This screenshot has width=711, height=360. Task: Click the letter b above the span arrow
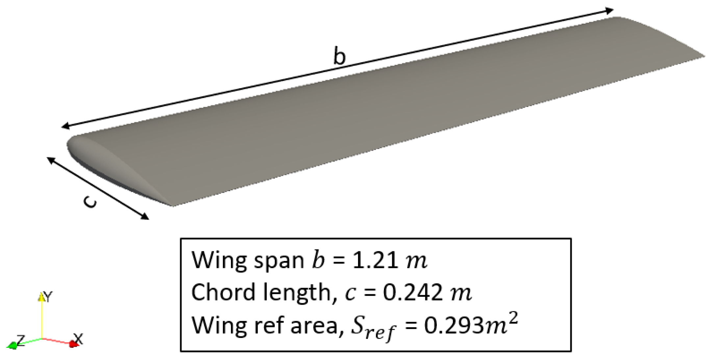[x=340, y=56]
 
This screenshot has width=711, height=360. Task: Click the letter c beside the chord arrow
[x=90, y=201]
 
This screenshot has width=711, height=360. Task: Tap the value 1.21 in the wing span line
[x=374, y=261]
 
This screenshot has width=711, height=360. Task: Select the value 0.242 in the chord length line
[x=413, y=292]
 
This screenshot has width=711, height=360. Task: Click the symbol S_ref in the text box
[x=372, y=328]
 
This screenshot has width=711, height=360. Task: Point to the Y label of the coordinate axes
[x=48, y=297]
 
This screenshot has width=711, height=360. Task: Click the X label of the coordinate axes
[x=78, y=338]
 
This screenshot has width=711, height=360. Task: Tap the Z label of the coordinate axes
[x=20, y=340]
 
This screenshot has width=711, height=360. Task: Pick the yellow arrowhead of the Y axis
[x=41, y=297]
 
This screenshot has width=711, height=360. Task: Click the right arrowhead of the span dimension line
[x=610, y=11]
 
